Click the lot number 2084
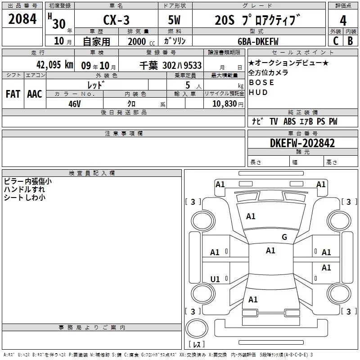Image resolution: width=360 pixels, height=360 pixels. tap(22, 19)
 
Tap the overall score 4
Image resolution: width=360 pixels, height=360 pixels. tap(343, 20)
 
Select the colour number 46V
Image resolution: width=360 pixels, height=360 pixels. tap(74, 103)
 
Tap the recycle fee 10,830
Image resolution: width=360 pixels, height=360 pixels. tap(223, 103)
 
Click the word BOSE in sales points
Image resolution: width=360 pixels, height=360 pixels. tap(261, 83)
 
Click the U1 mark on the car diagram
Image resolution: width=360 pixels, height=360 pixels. tap(215, 279)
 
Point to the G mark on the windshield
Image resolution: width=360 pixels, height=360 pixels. tap(284, 237)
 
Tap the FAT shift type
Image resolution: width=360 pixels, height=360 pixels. tap(13, 94)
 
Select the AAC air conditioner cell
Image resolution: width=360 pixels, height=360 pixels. tap(34, 94)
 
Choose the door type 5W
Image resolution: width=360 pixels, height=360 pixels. tap(175, 20)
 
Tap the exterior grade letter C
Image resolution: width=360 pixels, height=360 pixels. tap(335, 41)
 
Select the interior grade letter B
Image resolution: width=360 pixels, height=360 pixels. tap(350, 41)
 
